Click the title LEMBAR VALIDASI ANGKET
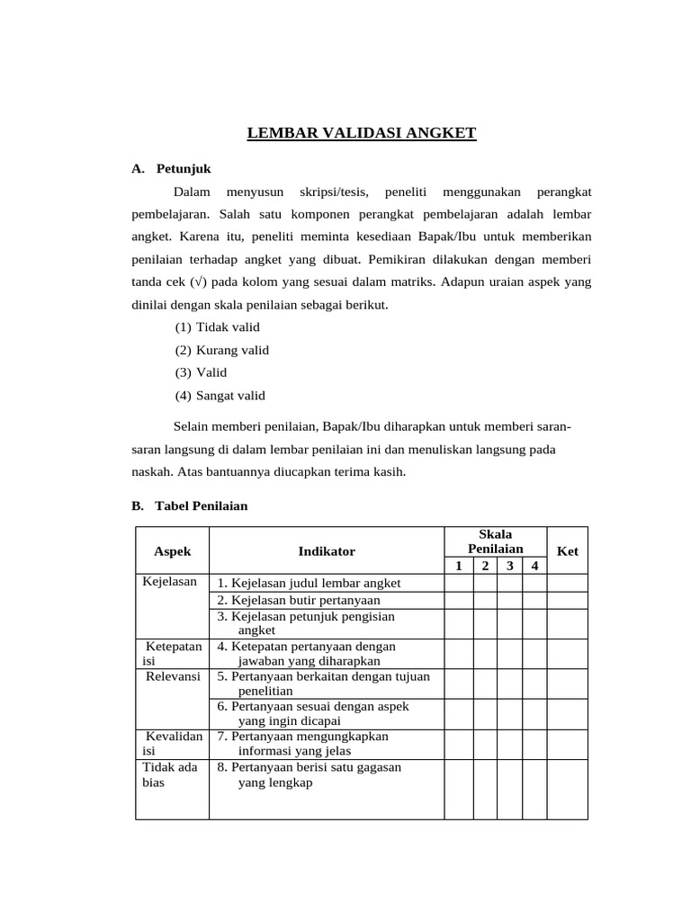pyautogui.click(x=361, y=134)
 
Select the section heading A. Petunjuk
pyautogui.click(x=171, y=168)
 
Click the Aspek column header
pyautogui.click(x=172, y=551)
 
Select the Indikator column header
pyautogui.click(x=327, y=551)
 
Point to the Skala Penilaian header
pyautogui.click(x=495, y=541)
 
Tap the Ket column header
pyautogui.click(x=567, y=551)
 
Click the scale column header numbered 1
pyautogui.click(x=458, y=566)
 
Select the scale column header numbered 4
pyautogui.click(x=534, y=566)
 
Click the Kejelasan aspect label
pyautogui.click(x=170, y=582)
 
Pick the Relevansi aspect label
pyautogui.click(x=173, y=676)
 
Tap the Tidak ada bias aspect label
pyautogui.click(x=170, y=774)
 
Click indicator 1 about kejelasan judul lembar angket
pyautogui.click(x=309, y=583)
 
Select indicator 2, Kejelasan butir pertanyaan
pyautogui.click(x=299, y=600)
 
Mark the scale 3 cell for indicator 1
pyautogui.click(x=509, y=583)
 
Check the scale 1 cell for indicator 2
pyautogui.click(x=458, y=600)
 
